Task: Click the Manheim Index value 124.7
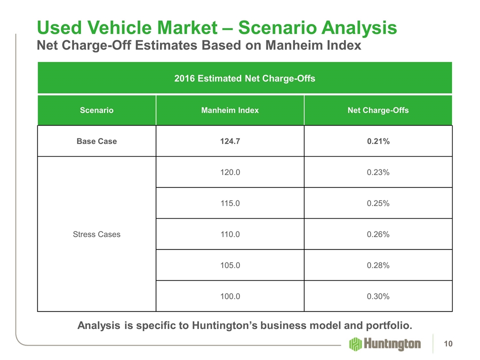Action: [230, 141]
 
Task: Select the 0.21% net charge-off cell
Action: [378, 141]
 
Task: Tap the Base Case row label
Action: [96, 141]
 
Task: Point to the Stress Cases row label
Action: [96, 234]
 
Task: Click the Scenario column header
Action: [96, 110]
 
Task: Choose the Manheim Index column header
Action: [230, 110]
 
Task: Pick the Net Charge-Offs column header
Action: [378, 110]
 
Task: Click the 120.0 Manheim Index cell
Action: [230, 172]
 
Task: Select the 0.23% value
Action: [378, 172]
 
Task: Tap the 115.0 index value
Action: [230, 203]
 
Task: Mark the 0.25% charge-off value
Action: [378, 203]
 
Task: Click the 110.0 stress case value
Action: [230, 234]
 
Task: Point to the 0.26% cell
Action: [378, 234]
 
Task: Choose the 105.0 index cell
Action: [230, 265]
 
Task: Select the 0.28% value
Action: [378, 265]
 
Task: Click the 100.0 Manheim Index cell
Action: [230, 296]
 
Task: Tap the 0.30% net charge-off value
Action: [378, 296]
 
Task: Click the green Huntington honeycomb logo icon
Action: [355, 344]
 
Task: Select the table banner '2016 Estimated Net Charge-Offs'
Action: [244, 78]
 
